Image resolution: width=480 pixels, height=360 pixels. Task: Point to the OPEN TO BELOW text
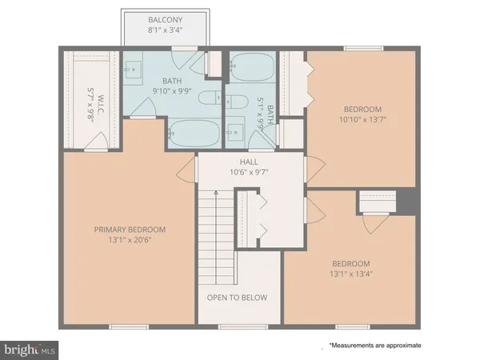(x=238, y=298)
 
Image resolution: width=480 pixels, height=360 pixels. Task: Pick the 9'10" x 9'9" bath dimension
(x=174, y=90)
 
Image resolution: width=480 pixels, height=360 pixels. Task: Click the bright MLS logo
(x=30, y=350)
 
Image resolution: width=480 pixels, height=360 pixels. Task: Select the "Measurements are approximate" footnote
(x=374, y=346)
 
